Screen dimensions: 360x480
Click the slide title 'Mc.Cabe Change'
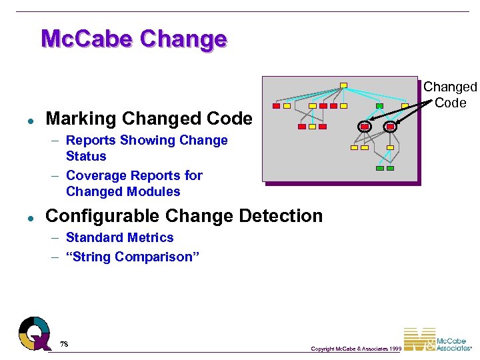[x=133, y=39]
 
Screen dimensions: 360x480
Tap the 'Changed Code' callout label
[x=450, y=95]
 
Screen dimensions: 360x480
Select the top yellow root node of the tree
[x=343, y=85]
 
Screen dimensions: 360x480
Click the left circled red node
[x=365, y=126]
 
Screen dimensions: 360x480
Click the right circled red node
[x=390, y=126]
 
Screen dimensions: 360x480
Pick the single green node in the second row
[x=379, y=106]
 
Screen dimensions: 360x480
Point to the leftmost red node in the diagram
[x=277, y=106]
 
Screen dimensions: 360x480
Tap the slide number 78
[x=64, y=344]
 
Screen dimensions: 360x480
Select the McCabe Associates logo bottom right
[x=440, y=340]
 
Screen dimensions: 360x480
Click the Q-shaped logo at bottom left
[x=35, y=333]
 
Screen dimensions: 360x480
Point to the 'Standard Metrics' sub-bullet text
[x=120, y=237]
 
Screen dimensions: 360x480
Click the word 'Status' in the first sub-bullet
[x=86, y=156]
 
